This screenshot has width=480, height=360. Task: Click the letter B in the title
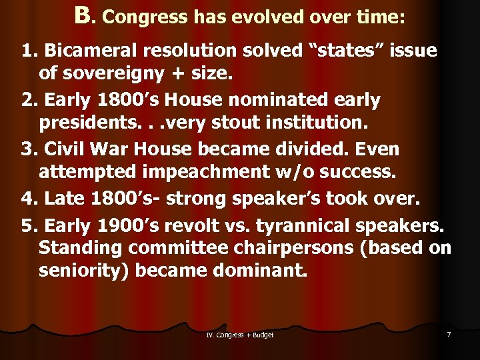click(x=82, y=16)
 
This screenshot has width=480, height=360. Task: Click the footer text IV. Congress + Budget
click(x=240, y=335)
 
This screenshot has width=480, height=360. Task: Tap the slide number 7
click(x=449, y=334)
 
